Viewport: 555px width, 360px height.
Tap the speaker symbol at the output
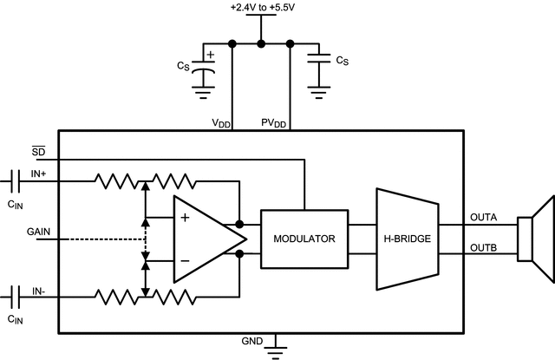(x=534, y=239)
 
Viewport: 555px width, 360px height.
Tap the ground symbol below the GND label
(x=277, y=348)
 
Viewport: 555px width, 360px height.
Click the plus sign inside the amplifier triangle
(x=185, y=219)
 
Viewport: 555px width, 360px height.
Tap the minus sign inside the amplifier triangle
(x=185, y=260)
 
